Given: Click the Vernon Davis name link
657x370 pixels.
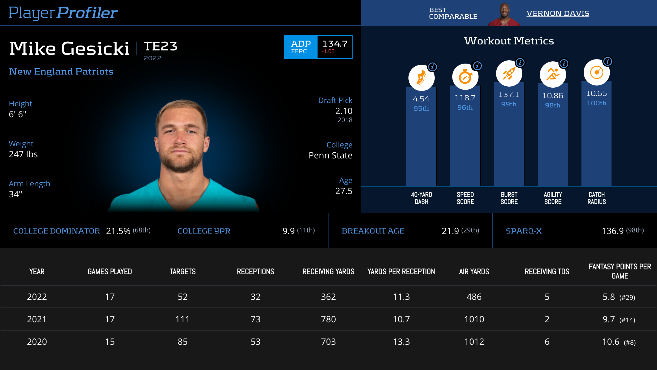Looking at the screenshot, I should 558,13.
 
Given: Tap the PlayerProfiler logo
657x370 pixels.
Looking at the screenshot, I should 63,13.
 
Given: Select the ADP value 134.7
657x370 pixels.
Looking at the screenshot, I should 335,44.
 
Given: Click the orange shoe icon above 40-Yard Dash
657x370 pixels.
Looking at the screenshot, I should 421,78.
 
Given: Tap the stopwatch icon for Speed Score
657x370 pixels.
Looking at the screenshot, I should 465,77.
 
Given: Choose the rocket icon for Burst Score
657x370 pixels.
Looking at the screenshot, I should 509,73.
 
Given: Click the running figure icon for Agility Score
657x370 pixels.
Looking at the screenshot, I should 553,75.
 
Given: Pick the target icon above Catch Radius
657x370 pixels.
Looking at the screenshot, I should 597,72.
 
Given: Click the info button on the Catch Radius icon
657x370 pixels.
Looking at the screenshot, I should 608,61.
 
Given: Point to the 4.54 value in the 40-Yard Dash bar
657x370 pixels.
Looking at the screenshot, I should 421,99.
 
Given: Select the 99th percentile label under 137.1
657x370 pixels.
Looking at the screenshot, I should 509,104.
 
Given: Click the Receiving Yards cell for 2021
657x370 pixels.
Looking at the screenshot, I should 328,319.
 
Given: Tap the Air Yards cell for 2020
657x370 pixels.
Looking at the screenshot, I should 474,342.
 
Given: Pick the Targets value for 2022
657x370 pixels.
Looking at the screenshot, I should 183,297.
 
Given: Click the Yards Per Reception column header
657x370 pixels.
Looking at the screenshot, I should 401,272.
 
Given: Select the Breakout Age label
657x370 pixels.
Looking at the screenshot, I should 373,231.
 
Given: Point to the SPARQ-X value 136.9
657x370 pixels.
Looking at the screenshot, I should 612,231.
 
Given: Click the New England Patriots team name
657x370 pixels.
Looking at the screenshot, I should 61,72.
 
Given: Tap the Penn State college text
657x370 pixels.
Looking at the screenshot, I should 330,155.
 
